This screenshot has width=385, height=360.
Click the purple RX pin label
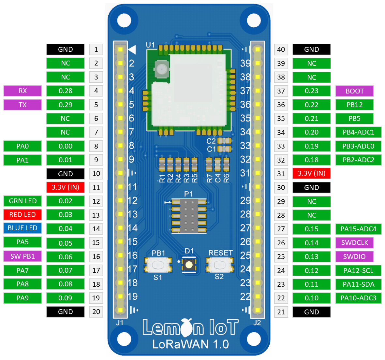coord(22,91)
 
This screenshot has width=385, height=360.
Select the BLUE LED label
coord(22,228)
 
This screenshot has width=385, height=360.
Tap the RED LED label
coord(22,215)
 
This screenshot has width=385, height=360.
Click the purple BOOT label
coord(354,91)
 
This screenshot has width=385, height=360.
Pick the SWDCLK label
coord(354,243)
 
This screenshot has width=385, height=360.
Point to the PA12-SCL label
coord(358,270)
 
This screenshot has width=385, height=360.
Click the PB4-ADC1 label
coord(358,132)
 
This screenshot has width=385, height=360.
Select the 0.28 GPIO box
coord(66,91)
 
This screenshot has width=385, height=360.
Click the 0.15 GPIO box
coord(311,229)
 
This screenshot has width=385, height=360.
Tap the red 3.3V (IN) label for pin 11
coord(66,187)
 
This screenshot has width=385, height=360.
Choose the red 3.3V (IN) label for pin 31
coord(311,173)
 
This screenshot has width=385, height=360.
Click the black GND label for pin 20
coord(66,312)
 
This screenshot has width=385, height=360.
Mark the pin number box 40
coord(281,50)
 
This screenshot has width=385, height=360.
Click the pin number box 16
coord(96,257)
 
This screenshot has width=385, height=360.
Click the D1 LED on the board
coord(189,265)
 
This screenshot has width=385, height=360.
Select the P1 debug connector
coord(189,216)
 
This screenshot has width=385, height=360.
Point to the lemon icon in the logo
coord(187,328)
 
